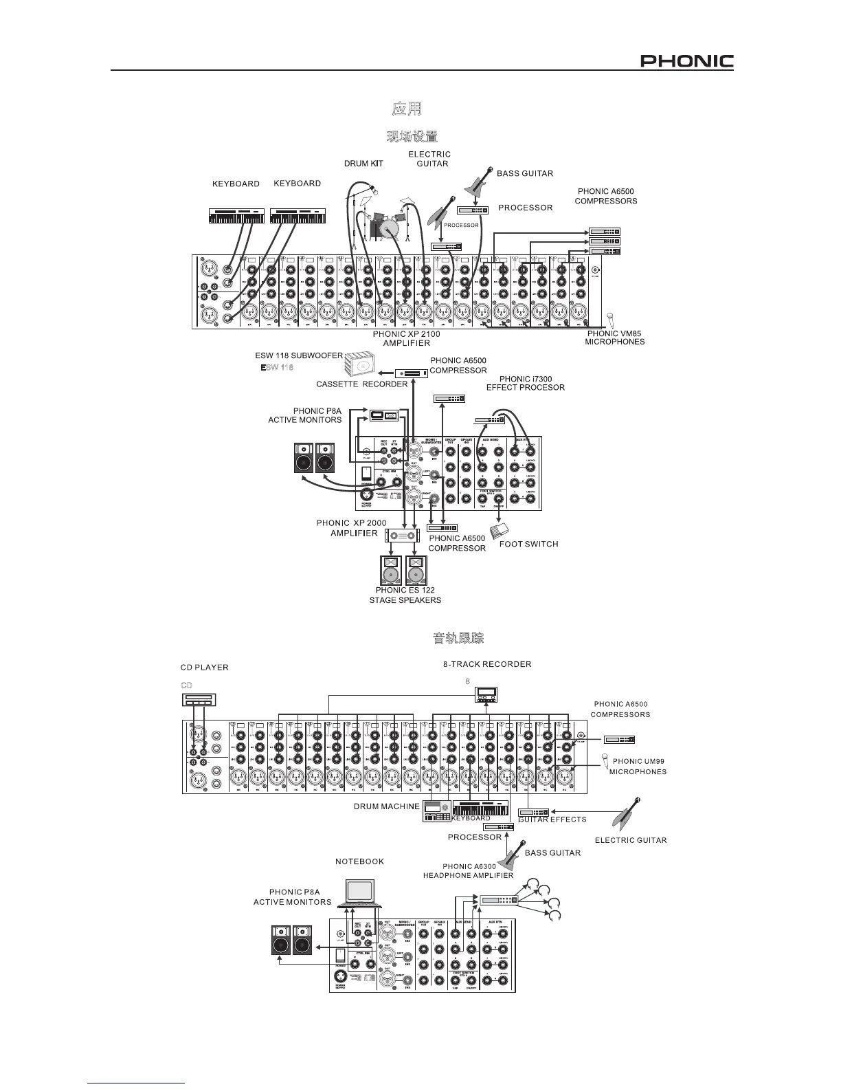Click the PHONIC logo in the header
pyautogui.click(x=686, y=61)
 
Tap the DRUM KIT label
pyautogui.click(x=363, y=164)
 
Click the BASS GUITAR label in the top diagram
pyautogui.click(x=524, y=173)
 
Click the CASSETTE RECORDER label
pyautogui.click(x=361, y=384)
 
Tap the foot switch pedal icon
pyautogui.click(x=501, y=530)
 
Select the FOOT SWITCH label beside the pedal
pyautogui.click(x=528, y=544)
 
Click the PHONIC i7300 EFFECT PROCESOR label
pyautogui.click(x=525, y=383)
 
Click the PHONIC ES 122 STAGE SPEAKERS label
pyautogui.click(x=405, y=595)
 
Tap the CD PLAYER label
pyautogui.click(x=204, y=668)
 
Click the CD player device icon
pyautogui.click(x=199, y=699)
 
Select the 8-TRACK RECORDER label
pyautogui.click(x=486, y=664)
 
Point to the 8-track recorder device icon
pyautogui.click(x=486, y=694)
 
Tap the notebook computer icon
pyautogui.click(x=360, y=892)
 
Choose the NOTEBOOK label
pyautogui.click(x=359, y=861)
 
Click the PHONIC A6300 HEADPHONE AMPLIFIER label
pyautogui.click(x=468, y=871)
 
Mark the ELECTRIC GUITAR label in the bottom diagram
pyautogui.click(x=630, y=840)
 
